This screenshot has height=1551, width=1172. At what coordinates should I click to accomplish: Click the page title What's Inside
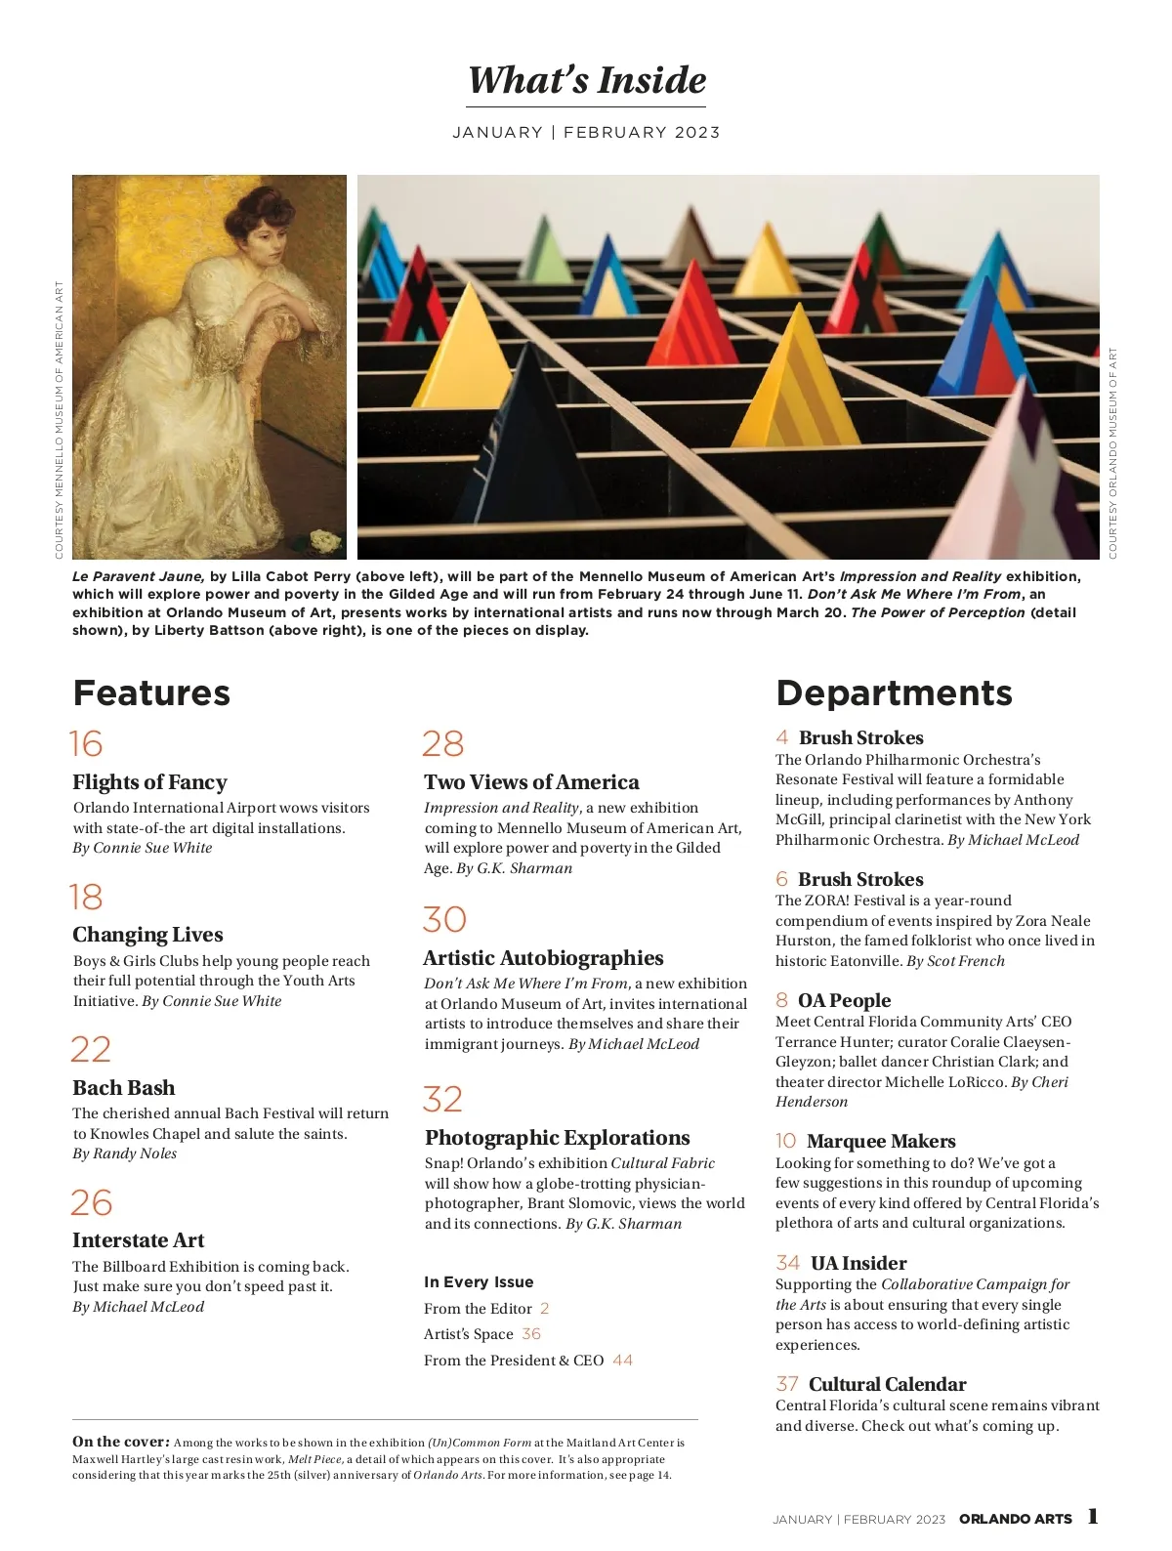(x=587, y=80)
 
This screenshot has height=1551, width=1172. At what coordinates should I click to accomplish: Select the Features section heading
(x=151, y=692)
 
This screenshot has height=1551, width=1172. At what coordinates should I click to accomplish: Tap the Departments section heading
(x=894, y=692)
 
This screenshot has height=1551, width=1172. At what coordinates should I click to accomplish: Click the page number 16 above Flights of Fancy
(x=86, y=744)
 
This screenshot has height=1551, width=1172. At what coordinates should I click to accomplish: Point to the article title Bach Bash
(x=124, y=1088)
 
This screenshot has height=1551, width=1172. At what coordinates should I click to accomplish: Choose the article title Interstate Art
(x=138, y=1240)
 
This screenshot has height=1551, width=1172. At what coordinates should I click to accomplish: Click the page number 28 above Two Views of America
(x=442, y=744)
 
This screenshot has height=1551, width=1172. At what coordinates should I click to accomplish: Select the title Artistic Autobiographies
(x=543, y=958)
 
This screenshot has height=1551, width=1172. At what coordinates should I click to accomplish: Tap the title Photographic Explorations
(x=557, y=1138)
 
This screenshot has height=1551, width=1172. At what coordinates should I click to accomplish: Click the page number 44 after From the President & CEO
(x=622, y=1361)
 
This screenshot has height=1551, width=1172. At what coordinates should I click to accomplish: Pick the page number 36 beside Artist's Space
(x=530, y=1334)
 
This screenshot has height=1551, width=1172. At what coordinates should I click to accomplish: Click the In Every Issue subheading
(x=479, y=1282)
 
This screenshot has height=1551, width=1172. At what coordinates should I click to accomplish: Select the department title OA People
(x=844, y=1000)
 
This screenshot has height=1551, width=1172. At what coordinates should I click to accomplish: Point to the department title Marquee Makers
(x=881, y=1141)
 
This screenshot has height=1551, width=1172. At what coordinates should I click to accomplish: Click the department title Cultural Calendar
(x=887, y=1384)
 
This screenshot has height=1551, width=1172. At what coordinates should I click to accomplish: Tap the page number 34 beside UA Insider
(x=787, y=1263)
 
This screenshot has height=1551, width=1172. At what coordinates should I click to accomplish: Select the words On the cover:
(x=121, y=1442)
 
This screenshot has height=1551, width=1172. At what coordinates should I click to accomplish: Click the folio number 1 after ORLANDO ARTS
(x=1093, y=1517)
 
